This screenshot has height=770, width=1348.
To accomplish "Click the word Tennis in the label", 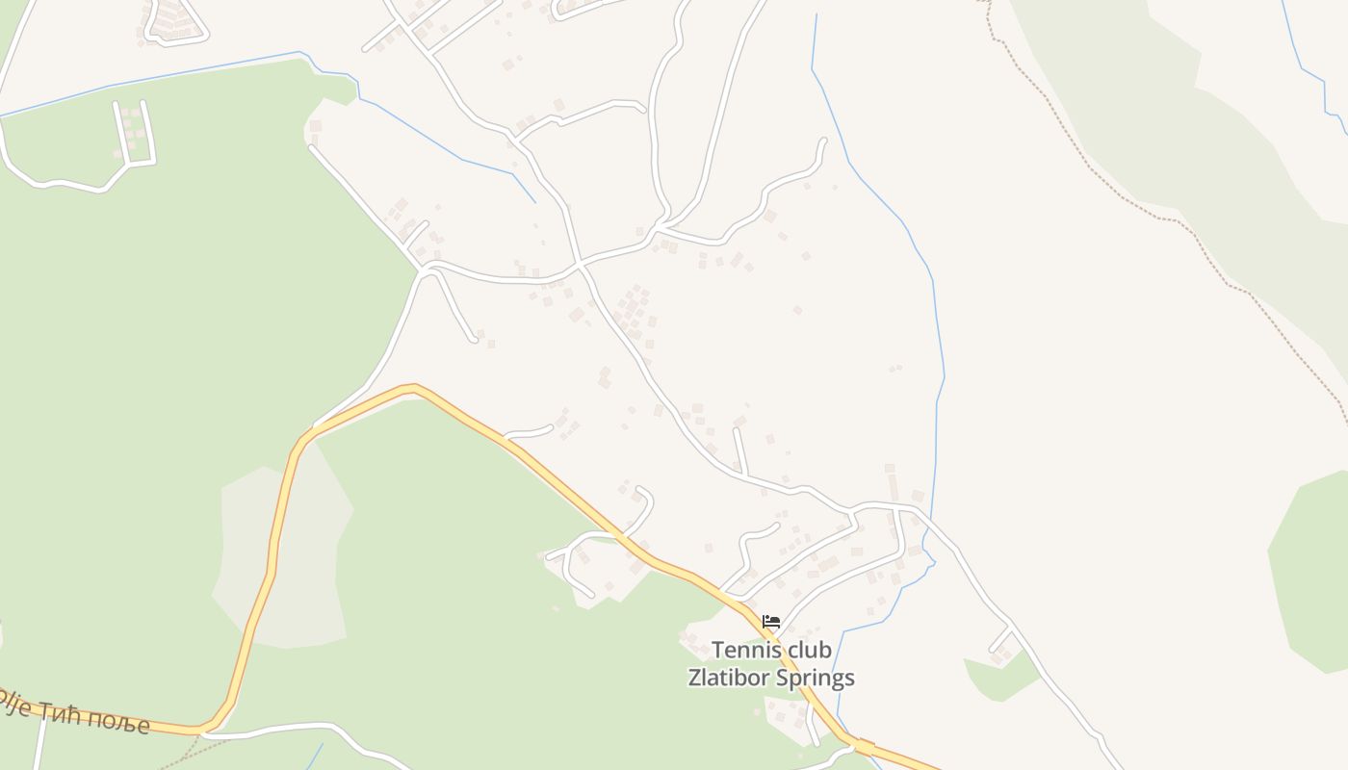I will [744, 651].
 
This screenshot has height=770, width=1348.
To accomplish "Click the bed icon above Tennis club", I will [770, 622].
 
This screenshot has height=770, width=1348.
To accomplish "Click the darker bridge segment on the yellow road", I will [864, 746].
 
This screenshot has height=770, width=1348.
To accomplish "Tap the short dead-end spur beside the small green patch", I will [1001, 639].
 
